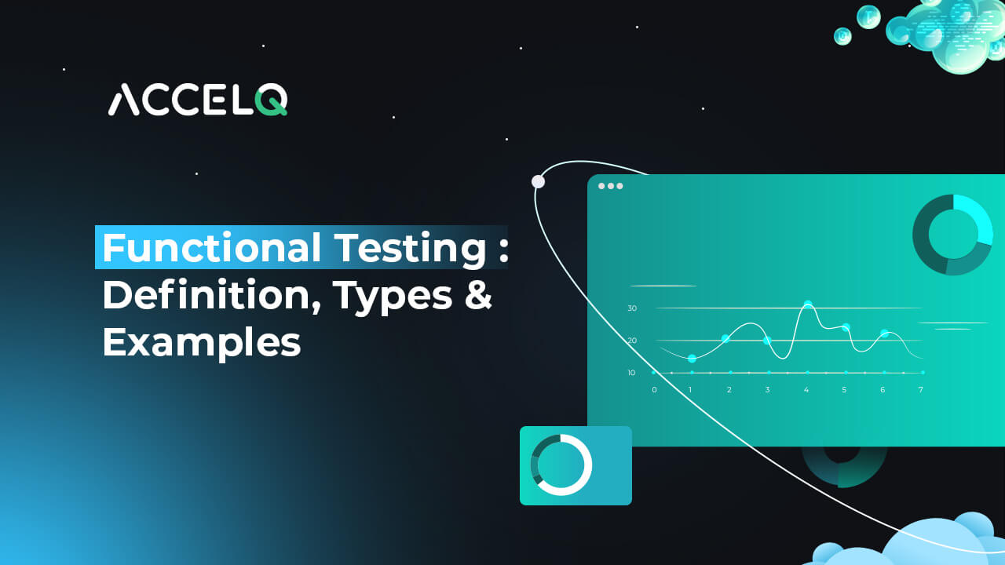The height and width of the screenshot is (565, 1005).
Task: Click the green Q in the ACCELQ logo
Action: tap(271, 100)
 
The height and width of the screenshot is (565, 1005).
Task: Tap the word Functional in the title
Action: tap(212, 247)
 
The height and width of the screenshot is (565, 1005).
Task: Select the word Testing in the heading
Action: tap(411, 250)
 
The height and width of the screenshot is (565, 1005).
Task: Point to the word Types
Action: tap(393, 297)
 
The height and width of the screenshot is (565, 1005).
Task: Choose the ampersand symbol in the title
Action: tap(479, 294)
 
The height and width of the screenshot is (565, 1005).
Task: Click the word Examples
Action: tap(202, 344)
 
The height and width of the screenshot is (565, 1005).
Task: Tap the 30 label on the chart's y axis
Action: tap(632, 308)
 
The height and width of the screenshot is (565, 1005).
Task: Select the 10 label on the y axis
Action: tap(631, 373)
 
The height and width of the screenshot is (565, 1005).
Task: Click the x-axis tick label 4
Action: tap(806, 390)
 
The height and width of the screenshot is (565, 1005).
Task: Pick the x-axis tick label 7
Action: tap(921, 390)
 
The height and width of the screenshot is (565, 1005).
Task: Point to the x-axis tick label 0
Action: tap(654, 390)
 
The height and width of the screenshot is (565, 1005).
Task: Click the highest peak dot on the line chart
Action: tap(808, 304)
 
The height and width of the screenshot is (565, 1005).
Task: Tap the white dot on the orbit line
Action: tap(538, 181)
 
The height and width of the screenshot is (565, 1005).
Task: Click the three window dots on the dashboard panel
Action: tap(611, 186)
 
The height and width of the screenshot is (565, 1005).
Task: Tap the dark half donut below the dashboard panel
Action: tap(843, 476)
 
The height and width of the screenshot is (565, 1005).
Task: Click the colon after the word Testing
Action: tap(503, 250)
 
